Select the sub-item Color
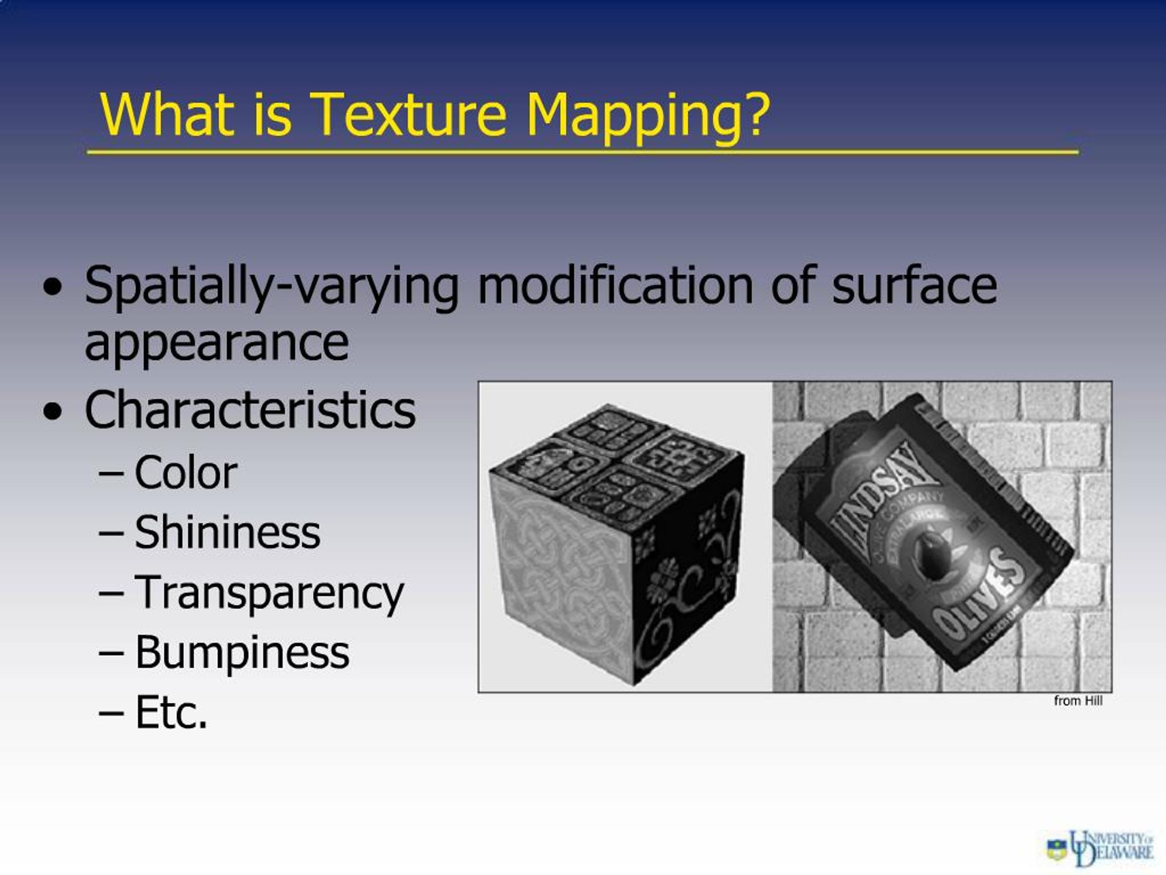185,473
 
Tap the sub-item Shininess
227,533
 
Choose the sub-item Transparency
269,593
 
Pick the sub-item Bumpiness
242,653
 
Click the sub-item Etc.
171,713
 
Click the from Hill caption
1078,700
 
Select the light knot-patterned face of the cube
562,572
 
